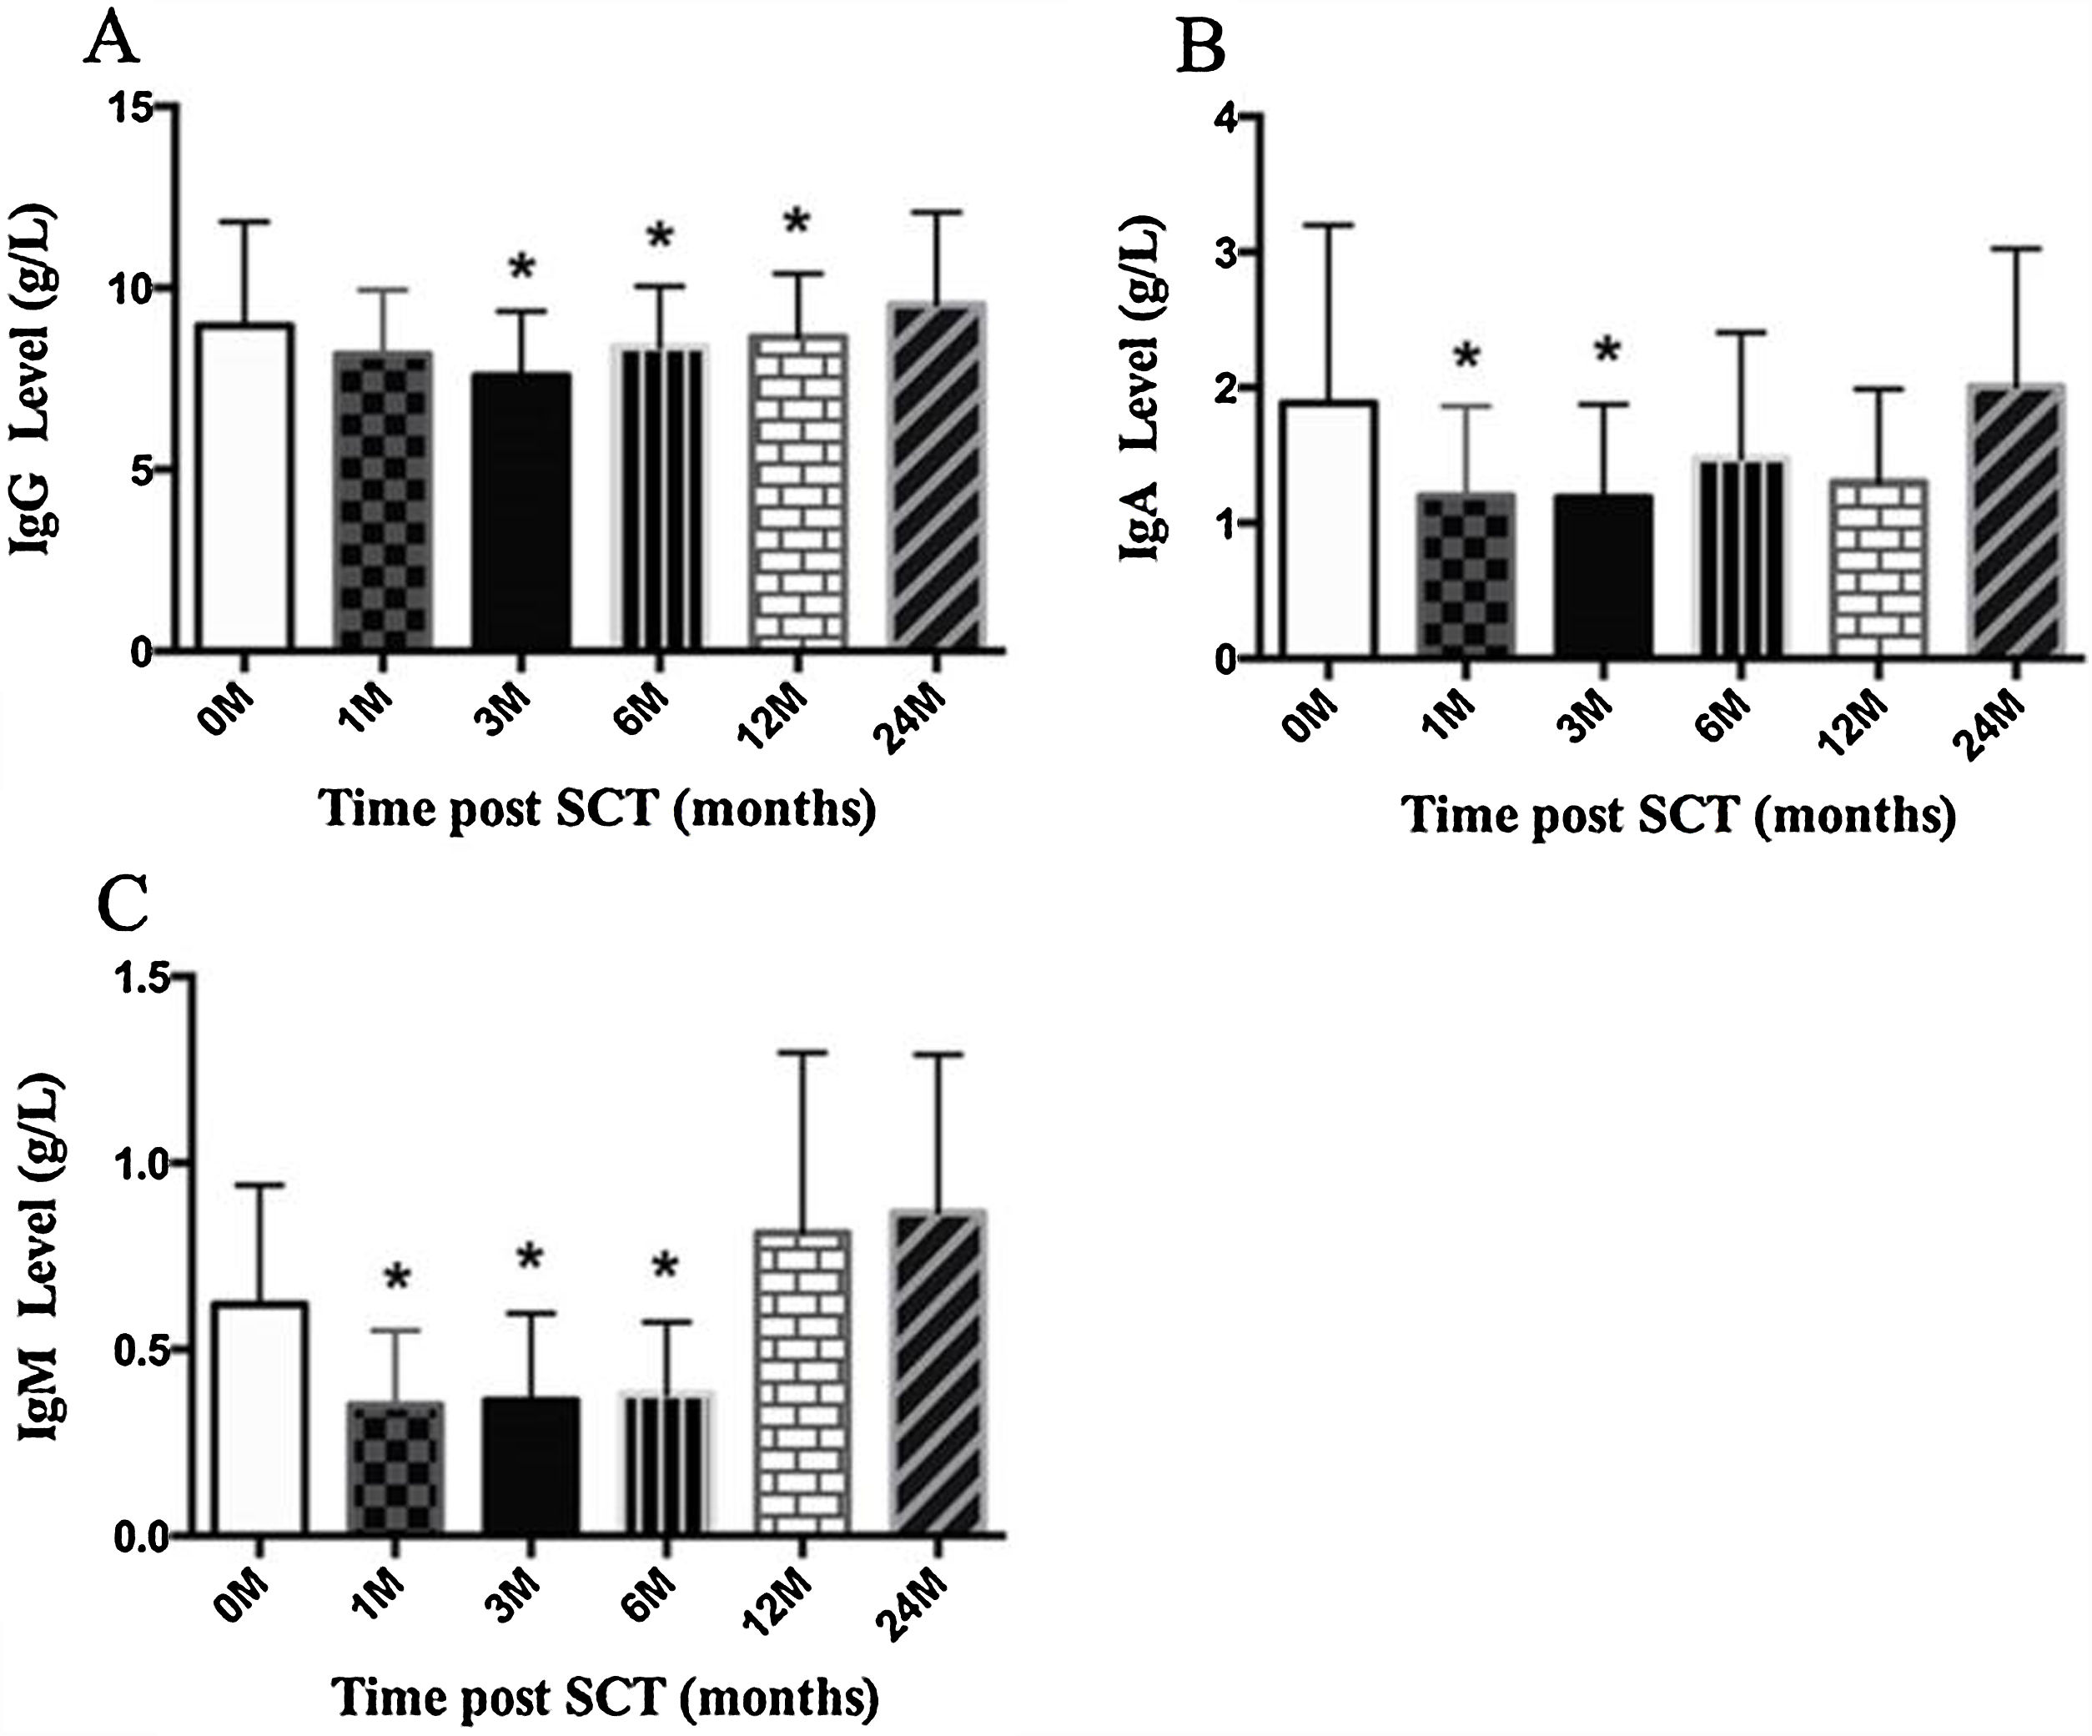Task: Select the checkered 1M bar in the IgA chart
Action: tap(1466, 574)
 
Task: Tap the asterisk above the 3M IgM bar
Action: tap(529, 1258)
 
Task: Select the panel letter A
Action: tap(112, 42)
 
